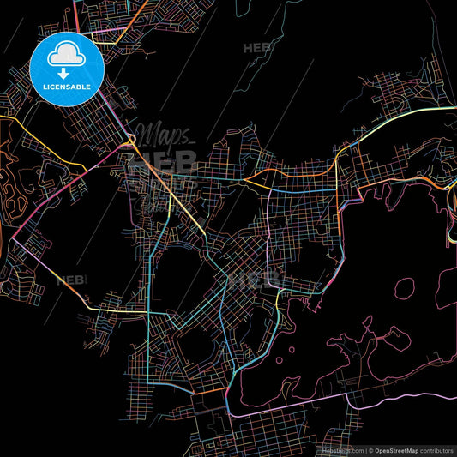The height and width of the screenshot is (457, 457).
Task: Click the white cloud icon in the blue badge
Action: click(66, 57)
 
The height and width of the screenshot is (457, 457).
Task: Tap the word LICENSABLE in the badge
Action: click(67, 87)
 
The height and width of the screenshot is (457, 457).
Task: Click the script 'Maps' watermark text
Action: click(166, 134)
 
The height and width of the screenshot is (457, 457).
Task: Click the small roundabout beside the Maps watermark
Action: click(131, 140)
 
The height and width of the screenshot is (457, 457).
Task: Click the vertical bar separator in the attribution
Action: click(365, 449)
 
